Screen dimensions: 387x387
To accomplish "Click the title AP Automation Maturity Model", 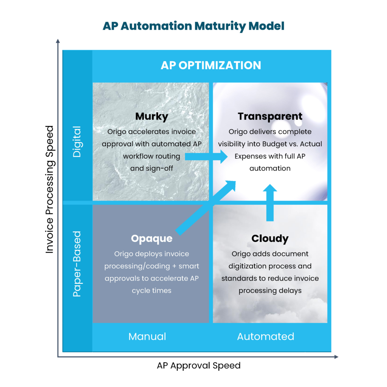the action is tap(193, 26).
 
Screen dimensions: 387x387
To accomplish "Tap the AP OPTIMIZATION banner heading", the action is tap(211, 65).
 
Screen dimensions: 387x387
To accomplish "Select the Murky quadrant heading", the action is tap(152, 116).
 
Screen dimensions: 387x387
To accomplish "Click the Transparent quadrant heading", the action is tap(270, 116).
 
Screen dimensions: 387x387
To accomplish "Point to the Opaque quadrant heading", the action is tap(152, 239).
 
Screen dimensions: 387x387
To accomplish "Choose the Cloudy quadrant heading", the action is tap(270, 239).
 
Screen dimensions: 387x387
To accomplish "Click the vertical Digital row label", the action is tap(77, 142).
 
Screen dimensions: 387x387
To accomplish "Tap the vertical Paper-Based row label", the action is tap(77, 264).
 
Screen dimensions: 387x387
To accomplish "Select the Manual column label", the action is tap(147, 336).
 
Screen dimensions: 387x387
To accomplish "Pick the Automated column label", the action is tap(266, 336).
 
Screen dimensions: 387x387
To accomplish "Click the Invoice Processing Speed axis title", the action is tap(50, 189).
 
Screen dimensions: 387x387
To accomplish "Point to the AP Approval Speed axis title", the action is tap(199, 365).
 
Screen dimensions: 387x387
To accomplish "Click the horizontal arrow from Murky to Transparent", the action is tap(206, 156).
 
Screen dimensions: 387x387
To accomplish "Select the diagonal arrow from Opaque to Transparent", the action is tap(206, 208).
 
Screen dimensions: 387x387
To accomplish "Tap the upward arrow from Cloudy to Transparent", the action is tap(270, 203).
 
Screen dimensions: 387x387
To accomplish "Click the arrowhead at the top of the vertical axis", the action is tap(58, 41).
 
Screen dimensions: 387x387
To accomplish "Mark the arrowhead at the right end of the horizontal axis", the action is tap(336, 357).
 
